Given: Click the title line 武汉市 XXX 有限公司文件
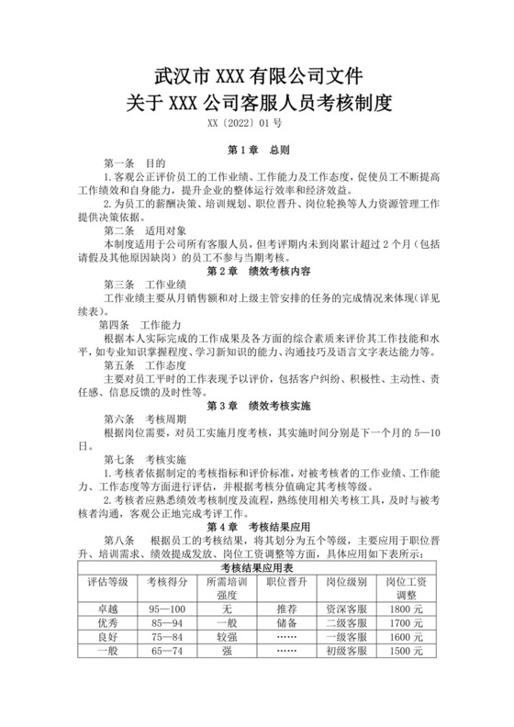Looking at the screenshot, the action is point(257,73).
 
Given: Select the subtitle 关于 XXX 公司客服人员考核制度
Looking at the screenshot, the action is point(257,102).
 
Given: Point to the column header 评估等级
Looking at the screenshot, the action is point(107,582).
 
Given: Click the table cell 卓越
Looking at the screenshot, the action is point(107,607).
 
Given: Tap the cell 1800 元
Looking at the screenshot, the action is point(405,607).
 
